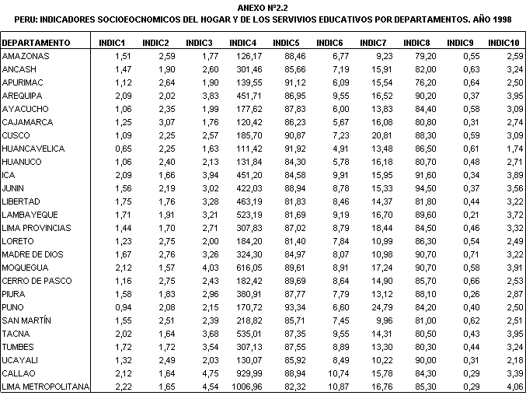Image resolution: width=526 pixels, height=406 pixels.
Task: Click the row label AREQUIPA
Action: tap(25, 96)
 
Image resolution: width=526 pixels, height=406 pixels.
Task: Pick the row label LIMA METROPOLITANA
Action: tap(47, 387)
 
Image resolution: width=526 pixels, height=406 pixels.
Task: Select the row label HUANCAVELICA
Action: tap(34, 149)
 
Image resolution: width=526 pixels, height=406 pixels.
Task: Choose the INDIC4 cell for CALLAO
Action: tap(243, 373)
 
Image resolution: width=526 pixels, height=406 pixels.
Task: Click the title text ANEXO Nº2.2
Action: tap(264, 6)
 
